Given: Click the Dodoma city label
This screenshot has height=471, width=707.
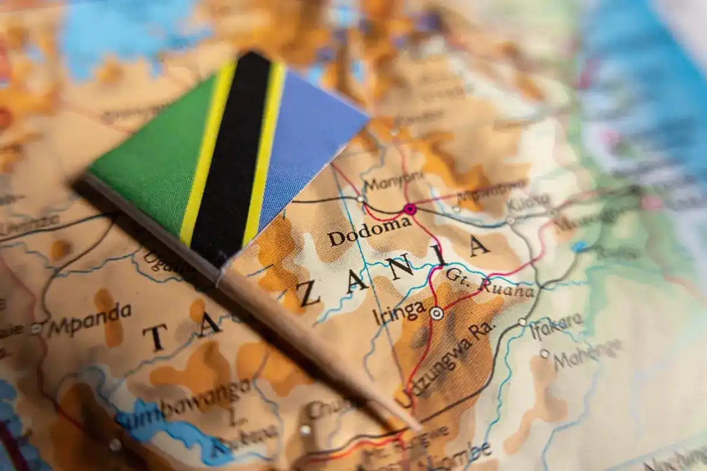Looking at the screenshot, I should point(369,231).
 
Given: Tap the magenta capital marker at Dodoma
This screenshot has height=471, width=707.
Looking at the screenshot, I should point(409,209).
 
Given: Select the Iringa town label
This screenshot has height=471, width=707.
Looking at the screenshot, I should point(399,313).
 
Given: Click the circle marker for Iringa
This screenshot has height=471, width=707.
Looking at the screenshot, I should point(437,313).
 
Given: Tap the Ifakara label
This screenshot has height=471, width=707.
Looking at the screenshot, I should point(556,326).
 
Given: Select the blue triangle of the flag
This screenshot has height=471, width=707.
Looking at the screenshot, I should point(306,147).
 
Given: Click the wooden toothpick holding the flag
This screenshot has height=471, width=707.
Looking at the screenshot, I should point(312,341).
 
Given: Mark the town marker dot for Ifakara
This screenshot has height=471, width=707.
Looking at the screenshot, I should point(522,322).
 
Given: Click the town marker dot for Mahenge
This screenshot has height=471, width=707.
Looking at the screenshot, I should point(544,353).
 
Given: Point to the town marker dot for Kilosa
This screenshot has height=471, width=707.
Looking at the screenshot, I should point(510,220).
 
